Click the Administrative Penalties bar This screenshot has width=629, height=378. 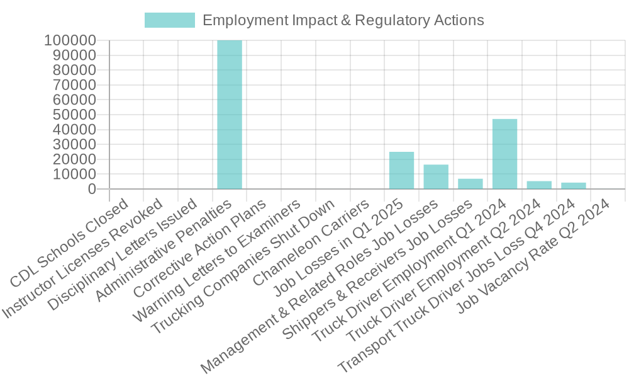230,114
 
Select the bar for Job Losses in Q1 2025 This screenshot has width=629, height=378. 401,170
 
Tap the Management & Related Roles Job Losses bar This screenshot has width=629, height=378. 436,176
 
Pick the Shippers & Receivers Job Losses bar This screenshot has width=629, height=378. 470,183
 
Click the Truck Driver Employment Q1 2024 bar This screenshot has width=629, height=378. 504,154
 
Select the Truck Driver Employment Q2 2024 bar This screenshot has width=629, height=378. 539,185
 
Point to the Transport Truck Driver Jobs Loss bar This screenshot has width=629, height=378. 574,185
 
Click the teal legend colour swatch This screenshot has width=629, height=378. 170,20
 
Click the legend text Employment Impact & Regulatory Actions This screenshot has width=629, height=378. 343,20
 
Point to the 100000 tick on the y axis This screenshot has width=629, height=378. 70,40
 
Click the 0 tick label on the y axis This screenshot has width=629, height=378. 92,188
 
